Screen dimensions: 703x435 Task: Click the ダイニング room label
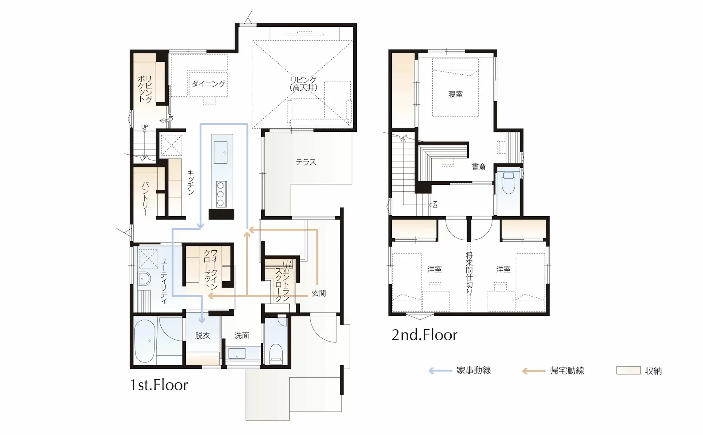coord(209,84)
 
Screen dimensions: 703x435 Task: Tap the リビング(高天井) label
coord(303,83)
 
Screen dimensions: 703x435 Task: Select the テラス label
coord(306,162)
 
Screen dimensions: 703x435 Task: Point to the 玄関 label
coord(319,293)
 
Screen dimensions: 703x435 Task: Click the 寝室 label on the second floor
coord(455,94)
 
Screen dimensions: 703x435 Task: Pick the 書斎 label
coord(479,167)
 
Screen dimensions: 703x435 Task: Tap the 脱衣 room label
coord(202,335)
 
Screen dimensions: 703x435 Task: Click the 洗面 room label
coord(242,335)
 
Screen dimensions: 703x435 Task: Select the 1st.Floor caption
coord(159,385)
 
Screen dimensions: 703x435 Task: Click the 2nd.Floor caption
coord(424,335)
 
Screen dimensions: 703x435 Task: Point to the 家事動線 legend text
coord(474,371)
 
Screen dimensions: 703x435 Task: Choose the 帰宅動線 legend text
coord(567,371)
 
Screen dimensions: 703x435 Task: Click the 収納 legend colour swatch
coord(628,371)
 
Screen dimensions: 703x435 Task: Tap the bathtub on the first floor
coord(145,341)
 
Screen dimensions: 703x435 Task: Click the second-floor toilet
coord(508,183)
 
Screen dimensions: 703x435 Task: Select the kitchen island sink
coord(220,152)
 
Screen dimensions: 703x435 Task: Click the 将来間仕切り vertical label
coord(469,273)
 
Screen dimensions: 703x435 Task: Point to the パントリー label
coord(145,198)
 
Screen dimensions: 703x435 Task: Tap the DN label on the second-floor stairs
coord(435,205)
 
